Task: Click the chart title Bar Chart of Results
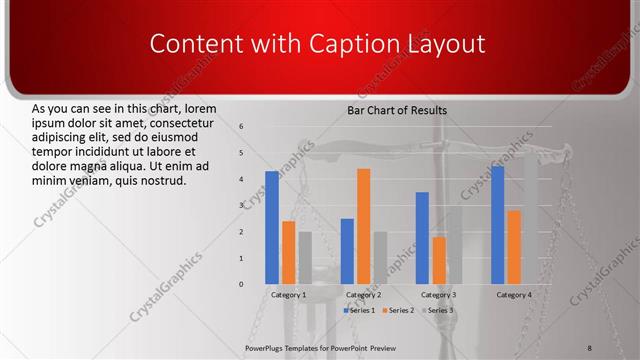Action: [397, 110]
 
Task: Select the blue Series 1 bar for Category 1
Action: [272, 228]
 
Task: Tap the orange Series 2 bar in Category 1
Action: [288, 253]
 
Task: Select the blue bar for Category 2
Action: [347, 251]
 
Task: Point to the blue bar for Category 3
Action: [422, 238]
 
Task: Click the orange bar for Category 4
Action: [514, 247]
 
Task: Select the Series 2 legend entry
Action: [397, 311]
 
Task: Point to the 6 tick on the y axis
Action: [242, 127]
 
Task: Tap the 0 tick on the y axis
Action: [242, 284]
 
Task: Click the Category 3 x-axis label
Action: [439, 296]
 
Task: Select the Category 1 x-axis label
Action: [289, 296]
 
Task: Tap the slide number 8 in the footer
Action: [590, 348]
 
